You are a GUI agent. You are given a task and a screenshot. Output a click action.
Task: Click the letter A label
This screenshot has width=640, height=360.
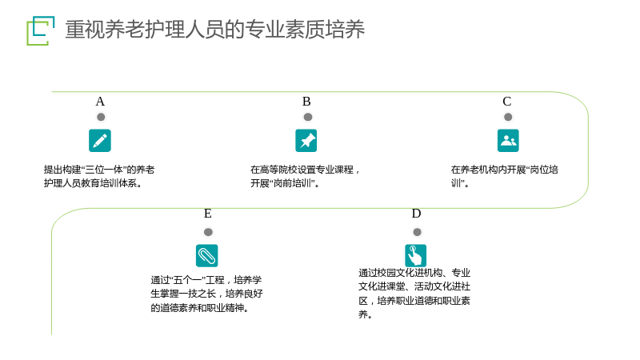pyautogui.click(x=100, y=102)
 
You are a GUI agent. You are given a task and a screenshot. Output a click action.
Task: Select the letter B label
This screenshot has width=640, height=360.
pyautogui.click(x=306, y=102)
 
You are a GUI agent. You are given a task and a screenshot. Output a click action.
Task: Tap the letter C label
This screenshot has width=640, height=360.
pyautogui.click(x=507, y=102)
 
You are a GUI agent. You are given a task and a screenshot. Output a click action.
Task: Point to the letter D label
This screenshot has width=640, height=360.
pyautogui.click(x=416, y=214)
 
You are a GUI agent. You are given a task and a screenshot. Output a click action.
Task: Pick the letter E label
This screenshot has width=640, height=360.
pyautogui.click(x=208, y=214)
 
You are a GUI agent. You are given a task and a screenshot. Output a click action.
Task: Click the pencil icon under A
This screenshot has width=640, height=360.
pyautogui.click(x=100, y=141)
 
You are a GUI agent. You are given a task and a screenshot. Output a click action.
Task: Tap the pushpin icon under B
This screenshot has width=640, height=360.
pyautogui.click(x=306, y=141)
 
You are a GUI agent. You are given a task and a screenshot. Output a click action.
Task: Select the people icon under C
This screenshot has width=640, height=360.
pyautogui.click(x=508, y=141)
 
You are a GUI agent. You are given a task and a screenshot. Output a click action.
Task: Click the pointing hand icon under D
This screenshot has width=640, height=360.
pyautogui.click(x=415, y=255)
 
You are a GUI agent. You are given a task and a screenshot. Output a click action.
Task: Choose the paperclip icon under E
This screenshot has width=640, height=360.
pyautogui.click(x=207, y=255)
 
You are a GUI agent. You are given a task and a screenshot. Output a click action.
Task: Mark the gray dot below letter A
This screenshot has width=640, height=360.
pyautogui.click(x=101, y=117)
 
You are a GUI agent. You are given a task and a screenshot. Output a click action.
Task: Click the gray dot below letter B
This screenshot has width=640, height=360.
pyautogui.click(x=308, y=117)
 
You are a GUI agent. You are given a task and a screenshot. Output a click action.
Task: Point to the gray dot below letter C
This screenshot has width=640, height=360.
pyautogui.click(x=508, y=117)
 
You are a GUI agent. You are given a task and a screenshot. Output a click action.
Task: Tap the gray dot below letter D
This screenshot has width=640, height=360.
pyautogui.click(x=417, y=232)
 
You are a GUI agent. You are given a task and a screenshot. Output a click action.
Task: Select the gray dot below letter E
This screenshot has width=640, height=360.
pyautogui.click(x=208, y=232)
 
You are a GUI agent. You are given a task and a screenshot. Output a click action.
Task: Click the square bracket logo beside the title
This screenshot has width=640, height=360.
pyautogui.click(x=41, y=30)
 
